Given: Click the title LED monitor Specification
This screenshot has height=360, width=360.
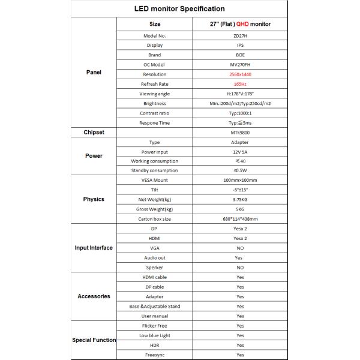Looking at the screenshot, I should [x=179, y=9].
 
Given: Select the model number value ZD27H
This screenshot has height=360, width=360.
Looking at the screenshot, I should [x=239, y=35].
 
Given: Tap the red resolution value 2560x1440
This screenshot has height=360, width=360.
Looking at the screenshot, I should [x=239, y=74].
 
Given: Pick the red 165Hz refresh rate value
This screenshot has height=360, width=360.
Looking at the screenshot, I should [x=239, y=84].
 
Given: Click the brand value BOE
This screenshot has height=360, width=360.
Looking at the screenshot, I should [x=239, y=55].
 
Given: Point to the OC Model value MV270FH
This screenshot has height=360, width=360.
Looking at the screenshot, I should [x=239, y=64].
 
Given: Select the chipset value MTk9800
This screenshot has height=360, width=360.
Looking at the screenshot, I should [x=239, y=132].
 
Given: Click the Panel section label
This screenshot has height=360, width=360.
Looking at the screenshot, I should [x=93, y=72].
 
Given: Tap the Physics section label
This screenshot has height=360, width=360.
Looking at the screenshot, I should [x=93, y=199].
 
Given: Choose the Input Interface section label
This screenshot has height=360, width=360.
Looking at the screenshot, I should [x=93, y=248].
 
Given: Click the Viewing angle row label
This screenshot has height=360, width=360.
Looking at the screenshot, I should [x=154, y=94].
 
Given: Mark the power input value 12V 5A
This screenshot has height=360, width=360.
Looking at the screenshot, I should [x=239, y=152].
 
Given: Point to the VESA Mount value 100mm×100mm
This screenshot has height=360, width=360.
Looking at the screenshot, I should [x=239, y=180].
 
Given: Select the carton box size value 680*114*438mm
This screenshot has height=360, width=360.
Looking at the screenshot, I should [x=239, y=218].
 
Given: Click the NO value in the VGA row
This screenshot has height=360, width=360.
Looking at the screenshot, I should [x=239, y=248].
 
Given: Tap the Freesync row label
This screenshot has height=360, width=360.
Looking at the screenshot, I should [x=154, y=355].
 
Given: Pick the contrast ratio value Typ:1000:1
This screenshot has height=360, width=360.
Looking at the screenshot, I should [x=239, y=113].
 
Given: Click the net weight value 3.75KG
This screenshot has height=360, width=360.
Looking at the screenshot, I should [x=239, y=199].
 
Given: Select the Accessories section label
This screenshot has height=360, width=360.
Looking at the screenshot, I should [x=93, y=296].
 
